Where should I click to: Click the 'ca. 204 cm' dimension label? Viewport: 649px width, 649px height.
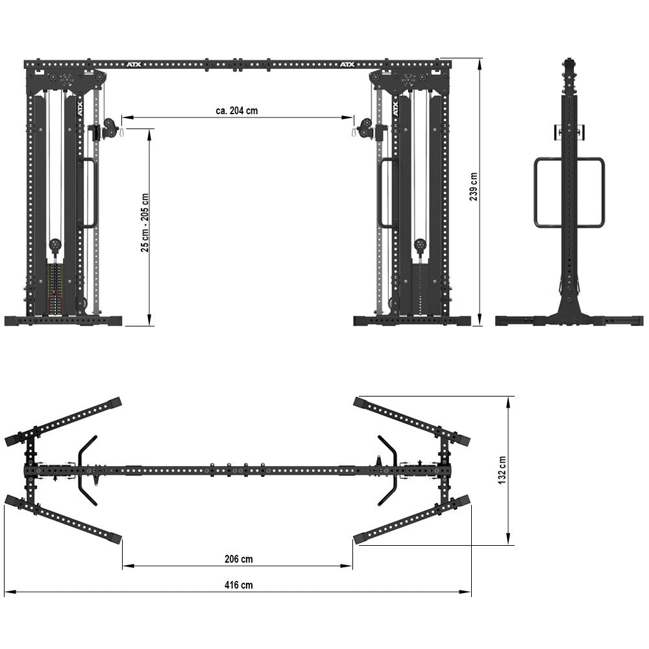[236, 110]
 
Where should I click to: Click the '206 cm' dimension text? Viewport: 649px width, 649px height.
[238, 559]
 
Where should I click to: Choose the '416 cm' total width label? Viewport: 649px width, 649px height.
[238, 585]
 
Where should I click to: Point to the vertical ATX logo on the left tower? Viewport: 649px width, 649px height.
[81, 110]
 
